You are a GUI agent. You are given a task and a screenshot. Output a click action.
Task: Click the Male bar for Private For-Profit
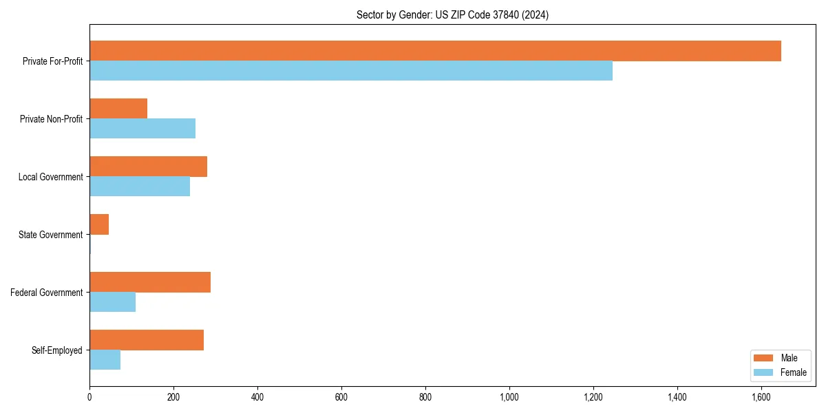pos(435,51)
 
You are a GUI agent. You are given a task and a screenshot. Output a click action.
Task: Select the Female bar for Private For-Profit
pos(351,71)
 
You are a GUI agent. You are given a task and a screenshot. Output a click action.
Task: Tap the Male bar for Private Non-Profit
pos(118,109)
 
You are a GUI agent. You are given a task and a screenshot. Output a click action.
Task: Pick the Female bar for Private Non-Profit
pos(142,129)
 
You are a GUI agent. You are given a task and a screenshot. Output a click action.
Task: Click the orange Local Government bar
pos(148,167)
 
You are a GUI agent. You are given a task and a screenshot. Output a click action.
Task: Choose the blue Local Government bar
pos(140,187)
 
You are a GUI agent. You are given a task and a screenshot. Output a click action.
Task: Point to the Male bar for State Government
pos(99,224)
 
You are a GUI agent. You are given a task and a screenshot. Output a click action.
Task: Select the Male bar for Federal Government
pos(150,282)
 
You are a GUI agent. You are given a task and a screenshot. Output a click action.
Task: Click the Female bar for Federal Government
pos(112,302)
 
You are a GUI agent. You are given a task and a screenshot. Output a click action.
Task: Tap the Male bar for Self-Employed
pos(147,340)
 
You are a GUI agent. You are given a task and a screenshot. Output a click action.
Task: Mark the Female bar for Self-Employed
pos(105,360)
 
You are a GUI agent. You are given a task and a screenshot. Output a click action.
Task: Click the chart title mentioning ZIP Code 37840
pos(452,14)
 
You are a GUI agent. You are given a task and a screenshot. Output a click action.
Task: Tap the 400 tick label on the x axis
pos(257,397)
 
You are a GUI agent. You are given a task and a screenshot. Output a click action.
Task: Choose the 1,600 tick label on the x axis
pos(761,397)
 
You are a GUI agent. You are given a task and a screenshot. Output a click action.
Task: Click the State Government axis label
pos(50,235)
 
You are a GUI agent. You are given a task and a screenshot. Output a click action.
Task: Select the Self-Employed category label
pos(56,350)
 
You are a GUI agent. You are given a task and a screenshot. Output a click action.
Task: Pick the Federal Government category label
pos(46,293)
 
